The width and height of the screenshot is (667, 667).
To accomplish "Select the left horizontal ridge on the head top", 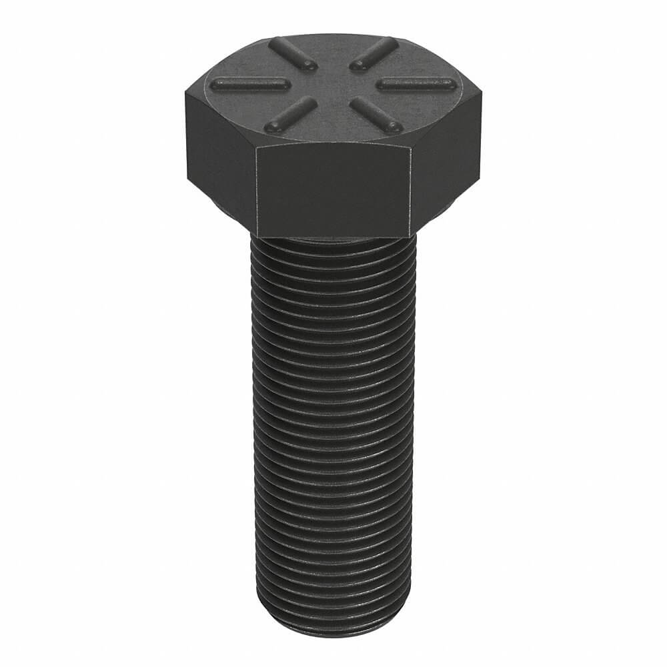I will [x=248, y=85].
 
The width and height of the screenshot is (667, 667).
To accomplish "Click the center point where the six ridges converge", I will [x=332, y=84].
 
